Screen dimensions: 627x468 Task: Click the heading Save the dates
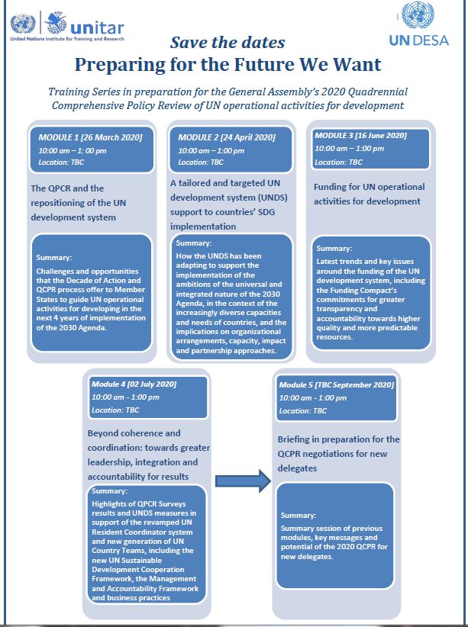tap(227, 42)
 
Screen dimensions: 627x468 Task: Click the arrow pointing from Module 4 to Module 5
tap(244, 480)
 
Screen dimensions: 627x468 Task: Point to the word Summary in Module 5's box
tap(298, 516)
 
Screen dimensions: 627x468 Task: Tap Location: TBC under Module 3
tap(340, 162)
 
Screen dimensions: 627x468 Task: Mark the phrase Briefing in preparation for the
tap(338, 439)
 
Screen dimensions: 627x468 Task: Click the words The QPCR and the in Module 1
tap(66, 188)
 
